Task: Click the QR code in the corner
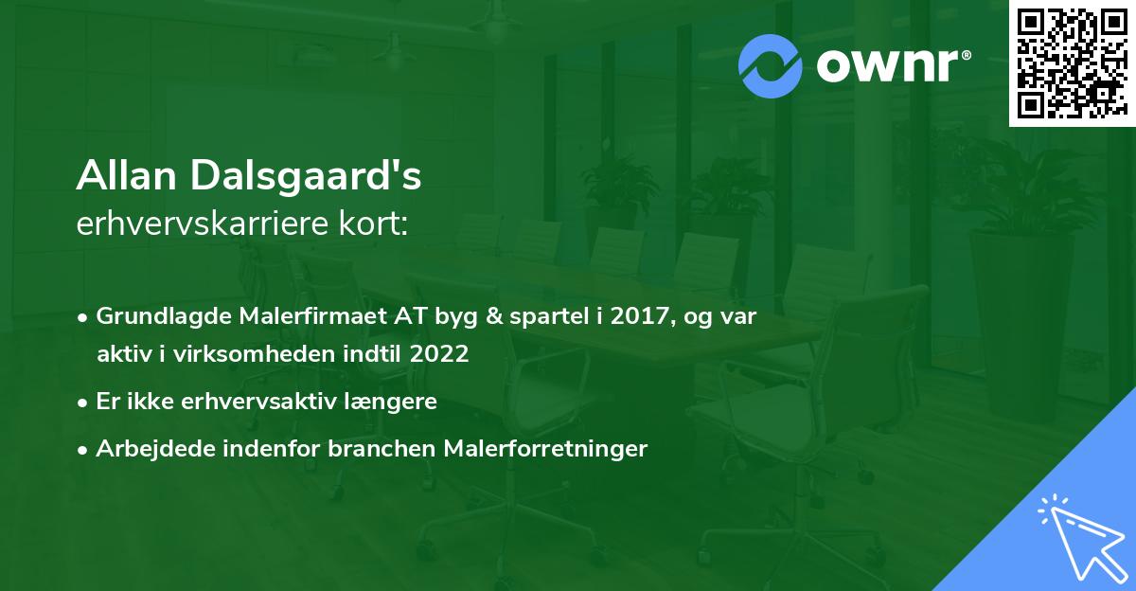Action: coord(1072,63)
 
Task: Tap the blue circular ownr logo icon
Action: coord(771,66)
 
